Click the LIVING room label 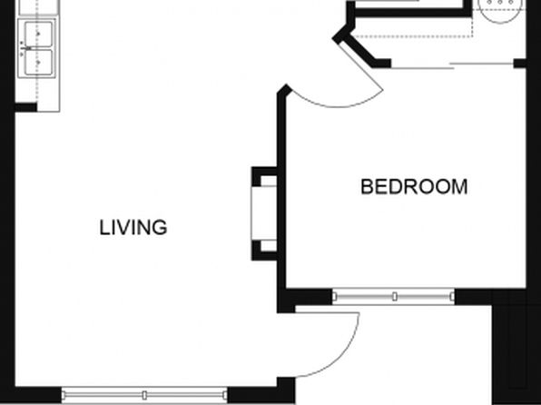(x=133, y=228)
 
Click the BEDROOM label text (x=414, y=187)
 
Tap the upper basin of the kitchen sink (x=38, y=34)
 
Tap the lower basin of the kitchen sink (x=38, y=62)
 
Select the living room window (x=144, y=395)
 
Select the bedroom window (x=393, y=296)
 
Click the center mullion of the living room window (x=144, y=395)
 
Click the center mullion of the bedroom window (x=395, y=296)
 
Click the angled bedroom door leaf (x=360, y=65)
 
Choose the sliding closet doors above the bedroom (x=452, y=65)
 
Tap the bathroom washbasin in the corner (x=499, y=10)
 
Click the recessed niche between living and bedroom (x=264, y=213)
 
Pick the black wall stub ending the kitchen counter (x=26, y=107)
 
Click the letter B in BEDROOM (x=366, y=187)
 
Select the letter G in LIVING (x=161, y=228)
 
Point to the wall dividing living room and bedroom (x=281, y=193)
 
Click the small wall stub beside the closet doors (x=519, y=64)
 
